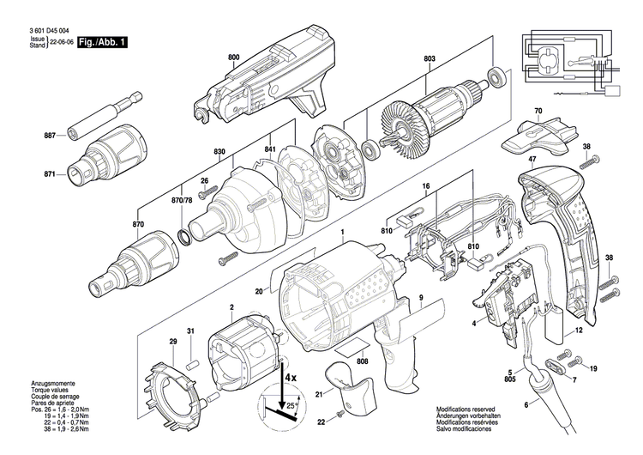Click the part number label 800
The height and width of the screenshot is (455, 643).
click(x=234, y=57)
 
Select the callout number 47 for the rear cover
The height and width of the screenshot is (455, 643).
click(x=532, y=160)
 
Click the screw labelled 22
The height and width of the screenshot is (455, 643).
click(x=338, y=416)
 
